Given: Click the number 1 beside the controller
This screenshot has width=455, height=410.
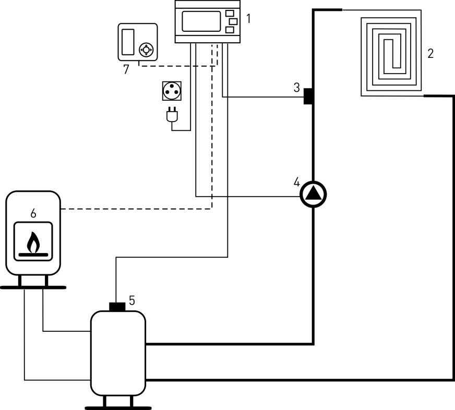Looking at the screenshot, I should [x=249, y=19].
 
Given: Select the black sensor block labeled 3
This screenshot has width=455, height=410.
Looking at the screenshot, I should [x=308, y=96].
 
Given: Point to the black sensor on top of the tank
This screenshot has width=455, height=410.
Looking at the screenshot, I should [x=117, y=306].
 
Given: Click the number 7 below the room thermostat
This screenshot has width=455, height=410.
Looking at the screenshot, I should [x=126, y=69].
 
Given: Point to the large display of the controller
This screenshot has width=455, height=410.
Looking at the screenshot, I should [x=201, y=21].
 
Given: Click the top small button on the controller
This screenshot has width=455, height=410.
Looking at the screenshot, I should [x=230, y=12].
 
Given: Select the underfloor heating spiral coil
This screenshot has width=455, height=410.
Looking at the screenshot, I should [x=391, y=53].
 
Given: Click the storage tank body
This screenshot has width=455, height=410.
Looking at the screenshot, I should [x=118, y=353].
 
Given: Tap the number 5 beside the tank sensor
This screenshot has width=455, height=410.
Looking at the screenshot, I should [x=132, y=300].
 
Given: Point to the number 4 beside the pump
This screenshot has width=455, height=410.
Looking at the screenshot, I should [x=296, y=183].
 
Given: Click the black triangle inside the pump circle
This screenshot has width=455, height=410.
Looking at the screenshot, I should [x=313, y=194].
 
